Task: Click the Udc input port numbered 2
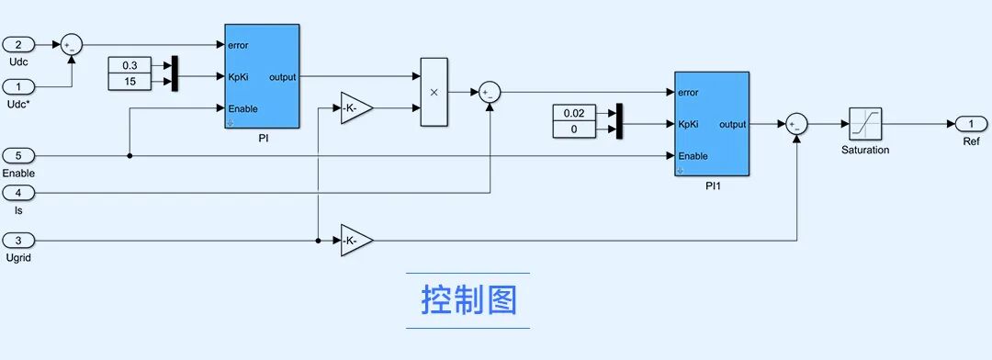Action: (x=18, y=45)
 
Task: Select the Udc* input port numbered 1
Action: (x=18, y=86)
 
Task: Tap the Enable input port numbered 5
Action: (x=18, y=155)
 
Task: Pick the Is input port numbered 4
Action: (x=18, y=192)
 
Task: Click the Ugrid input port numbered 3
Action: (x=18, y=241)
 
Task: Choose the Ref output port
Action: (x=971, y=124)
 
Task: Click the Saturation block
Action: (x=865, y=124)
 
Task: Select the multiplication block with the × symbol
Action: (x=434, y=92)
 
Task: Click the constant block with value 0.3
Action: (x=130, y=65)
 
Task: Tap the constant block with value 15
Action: (x=130, y=82)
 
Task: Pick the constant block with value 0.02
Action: (x=574, y=113)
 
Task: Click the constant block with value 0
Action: (x=574, y=129)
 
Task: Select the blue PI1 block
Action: (x=712, y=124)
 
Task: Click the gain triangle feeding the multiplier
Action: (x=356, y=108)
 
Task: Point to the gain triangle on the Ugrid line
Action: (x=356, y=241)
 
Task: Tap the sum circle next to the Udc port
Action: (x=72, y=45)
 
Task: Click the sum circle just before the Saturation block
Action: (x=796, y=124)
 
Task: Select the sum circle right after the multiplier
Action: (x=489, y=93)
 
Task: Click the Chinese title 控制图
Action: (x=468, y=300)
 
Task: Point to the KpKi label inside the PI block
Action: (x=238, y=77)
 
